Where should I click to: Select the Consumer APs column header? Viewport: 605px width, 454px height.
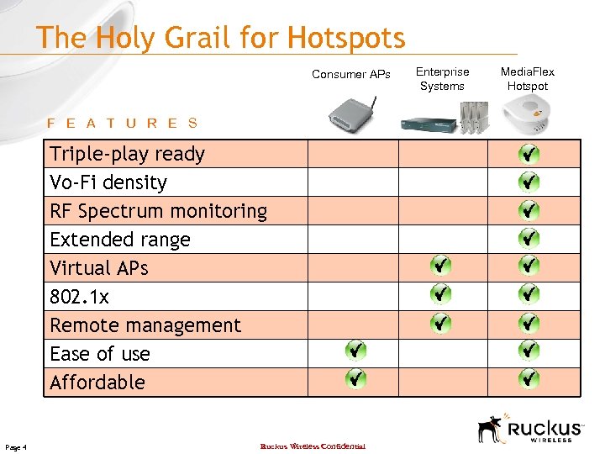click(x=350, y=74)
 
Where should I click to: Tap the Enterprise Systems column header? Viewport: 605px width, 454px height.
click(x=442, y=79)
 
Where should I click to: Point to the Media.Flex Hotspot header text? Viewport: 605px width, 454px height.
click(x=528, y=79)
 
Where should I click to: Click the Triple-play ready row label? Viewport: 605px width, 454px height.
click(x=127, y=154)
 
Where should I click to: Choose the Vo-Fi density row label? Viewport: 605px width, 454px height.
click(x=108, y=182)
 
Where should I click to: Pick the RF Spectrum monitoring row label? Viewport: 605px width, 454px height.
click(x=158, y=211)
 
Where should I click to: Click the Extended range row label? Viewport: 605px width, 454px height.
click(x=120, y=240)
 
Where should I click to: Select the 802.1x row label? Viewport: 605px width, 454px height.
click(x=79, y=297)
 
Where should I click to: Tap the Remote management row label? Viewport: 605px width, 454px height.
click(x=145, y=325)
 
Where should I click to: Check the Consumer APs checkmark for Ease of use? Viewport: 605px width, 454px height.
click(x=356, y=350)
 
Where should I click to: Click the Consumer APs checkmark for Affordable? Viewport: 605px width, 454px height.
click(x=356, y=378)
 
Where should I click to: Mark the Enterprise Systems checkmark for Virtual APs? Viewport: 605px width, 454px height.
click(x=441, y=266)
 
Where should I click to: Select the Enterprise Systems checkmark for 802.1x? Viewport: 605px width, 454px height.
click(x=441, y=294)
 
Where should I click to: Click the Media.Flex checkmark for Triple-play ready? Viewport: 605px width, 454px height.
click(x=529, y=154)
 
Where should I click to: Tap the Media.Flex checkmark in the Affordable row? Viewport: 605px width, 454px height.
click(x=529, y=378)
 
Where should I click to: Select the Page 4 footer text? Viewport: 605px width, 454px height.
click(x=16, y=446)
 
